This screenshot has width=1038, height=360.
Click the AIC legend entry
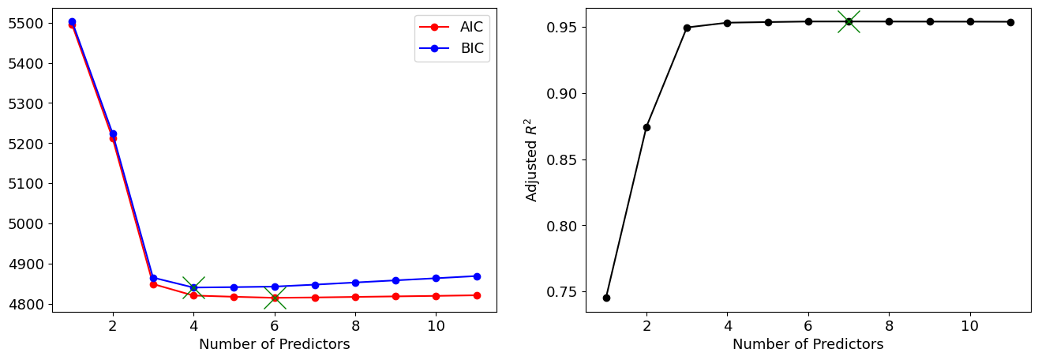tap(471, 27)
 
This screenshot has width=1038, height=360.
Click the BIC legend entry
tap(471, 49)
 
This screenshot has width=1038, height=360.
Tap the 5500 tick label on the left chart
tap(27, 23)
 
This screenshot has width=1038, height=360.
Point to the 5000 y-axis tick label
tap(27, 223)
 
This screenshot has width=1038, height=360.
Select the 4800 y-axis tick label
tap(27, 304)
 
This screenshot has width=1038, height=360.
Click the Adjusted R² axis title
tap(532, 160)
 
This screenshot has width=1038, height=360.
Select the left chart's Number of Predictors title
tap(274, 344)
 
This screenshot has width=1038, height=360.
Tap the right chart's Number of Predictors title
tap(808, 344)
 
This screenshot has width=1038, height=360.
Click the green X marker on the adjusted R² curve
tap(849, 21)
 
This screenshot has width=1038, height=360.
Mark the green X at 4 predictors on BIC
tap(193, 287)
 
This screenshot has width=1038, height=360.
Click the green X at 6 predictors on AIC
tap(275, 298)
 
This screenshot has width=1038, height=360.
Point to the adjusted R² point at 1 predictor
tap(606, 298)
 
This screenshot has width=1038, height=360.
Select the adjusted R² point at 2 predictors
tap(646, 127)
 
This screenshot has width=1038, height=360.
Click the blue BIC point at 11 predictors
tap(477, 276)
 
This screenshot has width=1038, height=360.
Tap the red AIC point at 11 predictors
tap(477, 295)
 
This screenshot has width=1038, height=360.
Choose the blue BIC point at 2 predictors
tap(113, 133)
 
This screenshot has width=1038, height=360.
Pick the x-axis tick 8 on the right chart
tap(889, 324)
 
